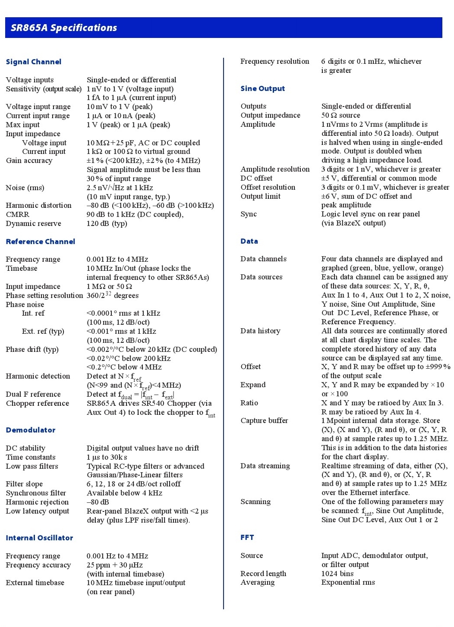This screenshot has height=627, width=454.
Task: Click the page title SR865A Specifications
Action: pos(64,28)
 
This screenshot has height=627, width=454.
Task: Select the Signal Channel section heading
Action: pos(34,62)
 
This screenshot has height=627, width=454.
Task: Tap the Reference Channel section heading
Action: pos(41,241)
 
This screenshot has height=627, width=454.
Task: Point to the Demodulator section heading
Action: pos(31,430)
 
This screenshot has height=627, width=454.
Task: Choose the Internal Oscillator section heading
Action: pos(39,538)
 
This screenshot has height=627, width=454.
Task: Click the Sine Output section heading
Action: pos(263,88)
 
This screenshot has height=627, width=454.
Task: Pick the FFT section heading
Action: pos(247,537)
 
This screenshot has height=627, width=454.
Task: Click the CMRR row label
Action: pos(18,214)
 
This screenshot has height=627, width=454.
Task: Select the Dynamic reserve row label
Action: pos(34,223)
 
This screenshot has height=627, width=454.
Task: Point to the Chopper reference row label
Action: pos(38,403)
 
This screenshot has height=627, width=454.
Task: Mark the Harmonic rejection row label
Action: pos(38,502)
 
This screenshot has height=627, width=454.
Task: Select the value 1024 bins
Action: pos(337,574)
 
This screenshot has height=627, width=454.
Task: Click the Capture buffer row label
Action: pos(264,420)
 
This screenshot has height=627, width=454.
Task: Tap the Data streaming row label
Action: pos(265,466)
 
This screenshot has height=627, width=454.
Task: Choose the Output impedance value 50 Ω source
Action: pos(341,115)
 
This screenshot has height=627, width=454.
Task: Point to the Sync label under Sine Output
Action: pos(249,214)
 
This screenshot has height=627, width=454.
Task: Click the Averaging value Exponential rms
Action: pos(348,582)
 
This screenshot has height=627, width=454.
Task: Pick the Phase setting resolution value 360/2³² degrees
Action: pos(113,295)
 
